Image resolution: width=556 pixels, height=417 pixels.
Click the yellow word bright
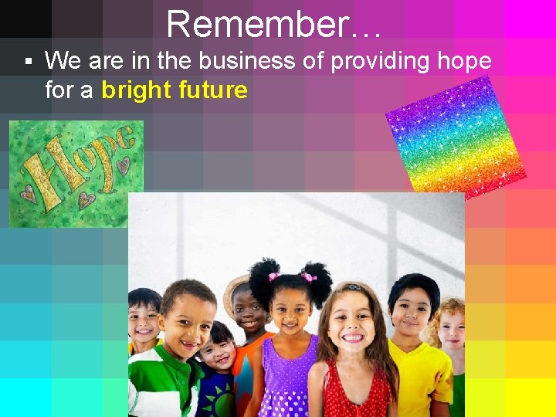click(136, 90)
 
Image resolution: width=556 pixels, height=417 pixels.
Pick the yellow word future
click(212, 90)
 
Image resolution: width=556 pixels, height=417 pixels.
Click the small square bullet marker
click(28, 60)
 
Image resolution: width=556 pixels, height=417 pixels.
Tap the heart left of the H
click(28, 193)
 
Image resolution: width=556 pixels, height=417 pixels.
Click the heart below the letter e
click(122, 164)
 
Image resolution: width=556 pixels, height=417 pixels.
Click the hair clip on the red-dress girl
click(354, 287)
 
